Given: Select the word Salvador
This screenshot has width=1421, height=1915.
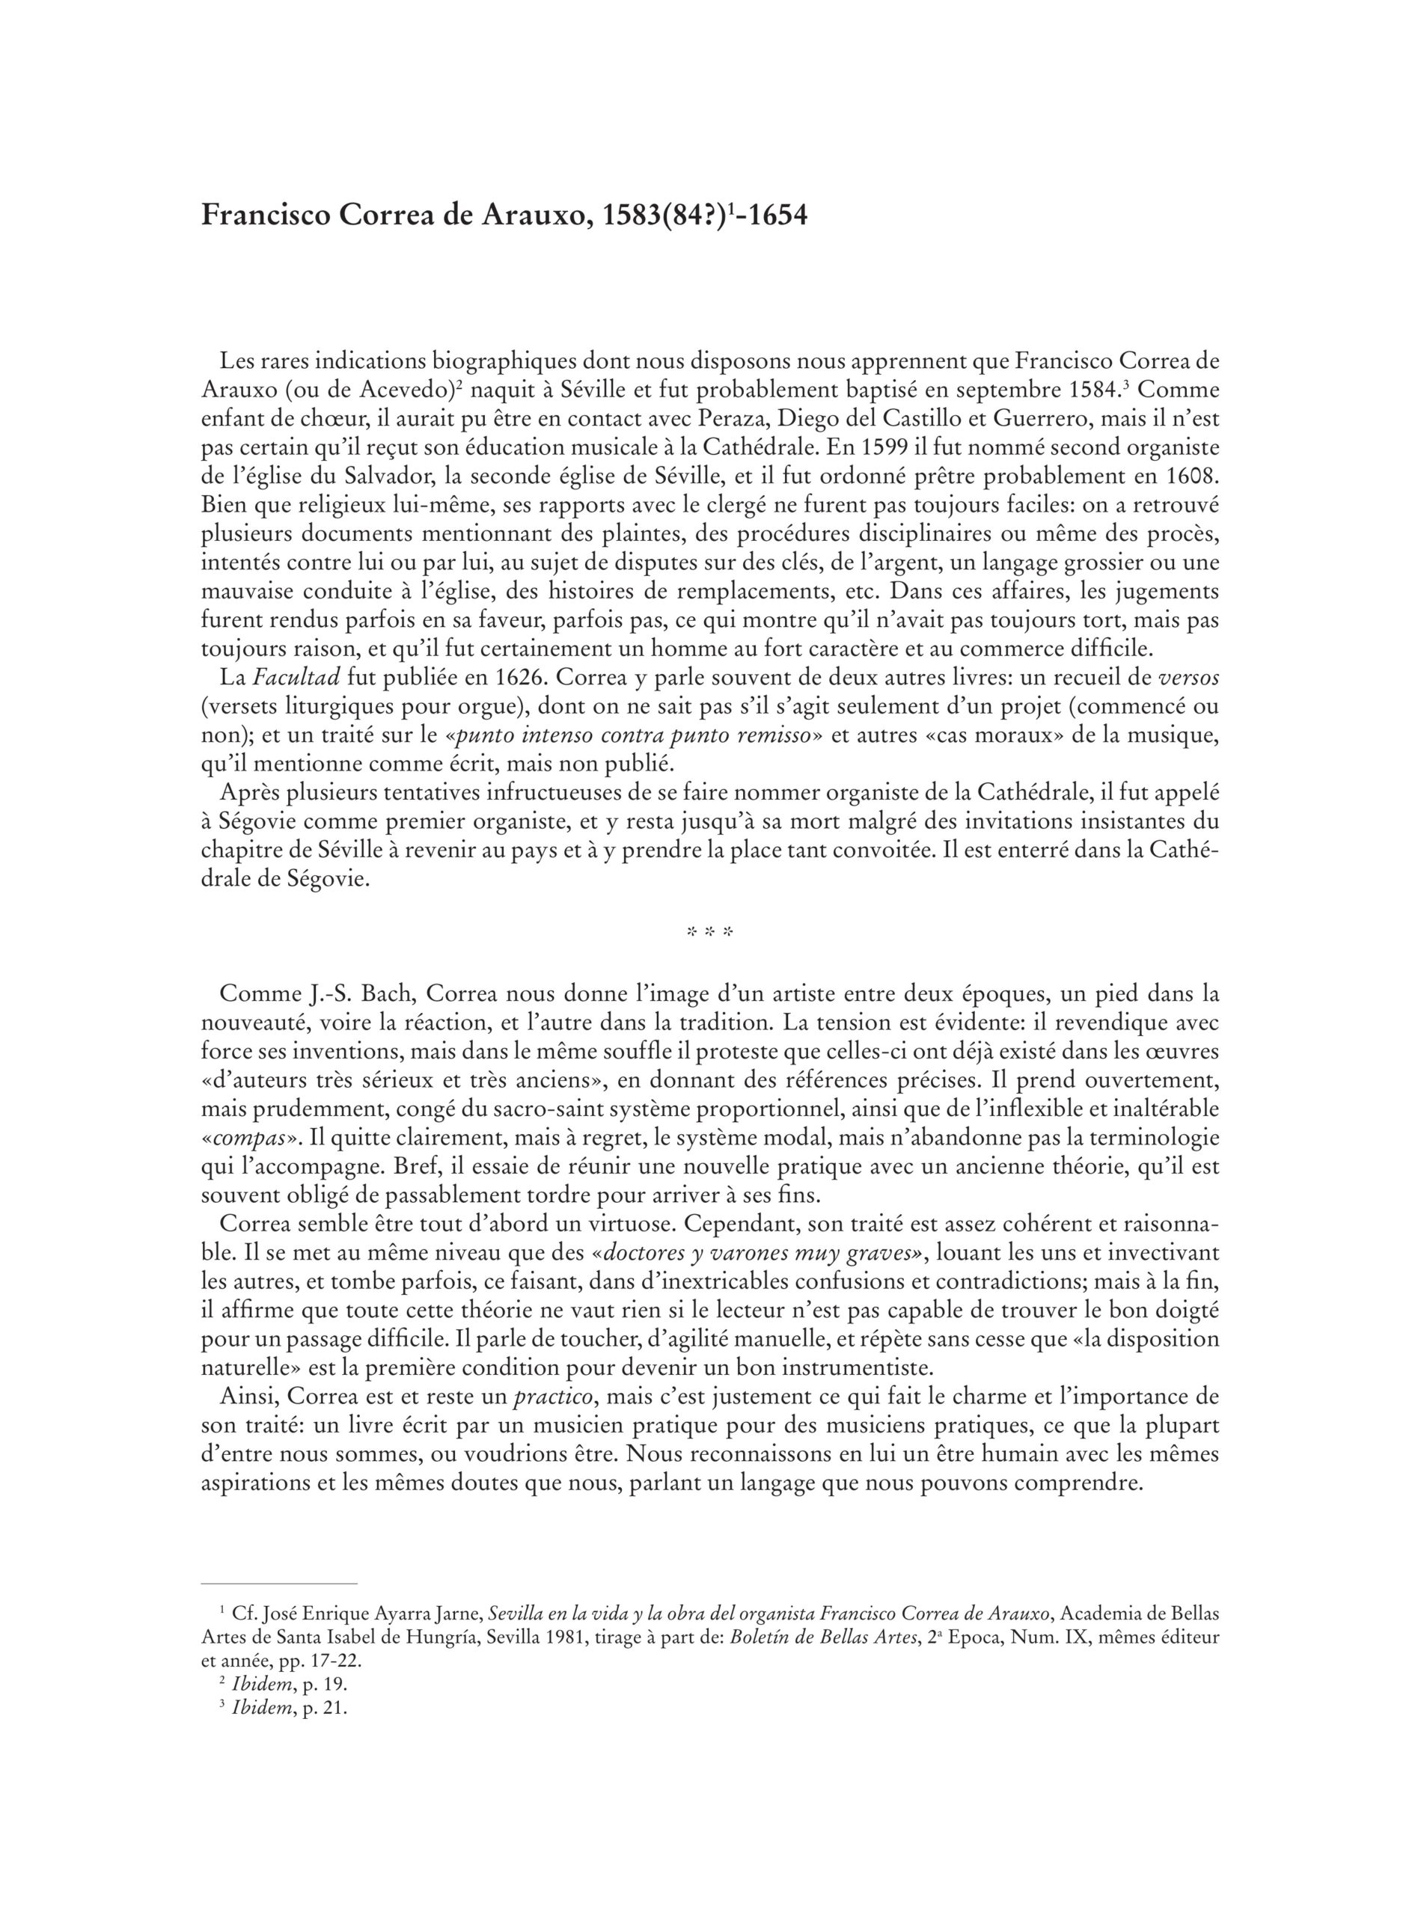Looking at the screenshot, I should (375, 477).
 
